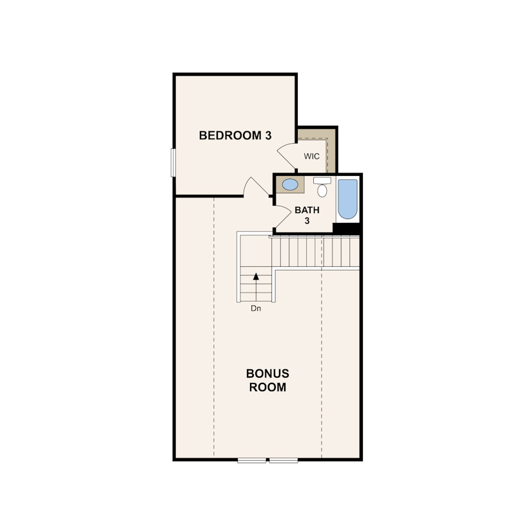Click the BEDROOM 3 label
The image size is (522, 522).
tap(235, 136)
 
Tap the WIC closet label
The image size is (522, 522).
tap(312, 157)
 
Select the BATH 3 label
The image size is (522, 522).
tap(307, 215)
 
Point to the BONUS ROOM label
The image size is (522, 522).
tap(267, 381)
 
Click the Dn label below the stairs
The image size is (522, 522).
tap(256, 308)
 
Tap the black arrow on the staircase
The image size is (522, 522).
tap(256, 277)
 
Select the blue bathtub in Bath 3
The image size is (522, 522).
tap(347, 199)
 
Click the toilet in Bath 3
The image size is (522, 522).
tap(322, 188)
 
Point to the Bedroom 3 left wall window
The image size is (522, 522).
tap(173, 162)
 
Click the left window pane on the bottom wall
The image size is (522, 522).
tap(252, 460)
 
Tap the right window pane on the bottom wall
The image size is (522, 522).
tap(283, 460)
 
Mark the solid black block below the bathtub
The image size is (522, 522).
tap(346, 229)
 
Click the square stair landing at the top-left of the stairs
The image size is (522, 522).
tap(254, 251)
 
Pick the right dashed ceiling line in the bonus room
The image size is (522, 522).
tap(322, 361)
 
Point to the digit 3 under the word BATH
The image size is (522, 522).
tap(307, 221)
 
